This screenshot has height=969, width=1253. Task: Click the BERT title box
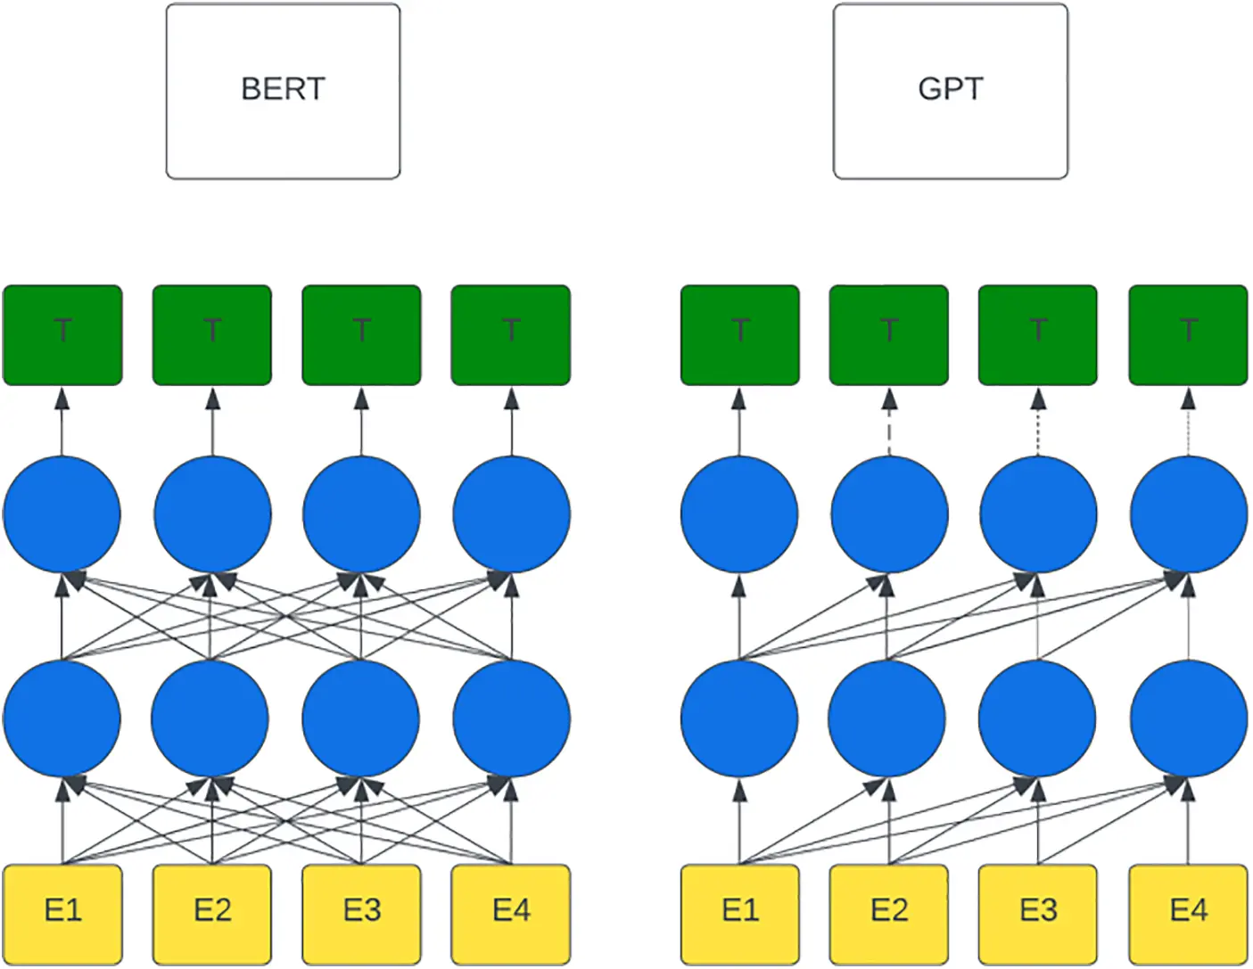283,91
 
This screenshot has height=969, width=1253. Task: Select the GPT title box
950,91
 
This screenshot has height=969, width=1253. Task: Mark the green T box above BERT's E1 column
62,335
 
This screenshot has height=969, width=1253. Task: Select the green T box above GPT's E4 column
1188,335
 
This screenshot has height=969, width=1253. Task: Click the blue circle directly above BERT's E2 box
210,719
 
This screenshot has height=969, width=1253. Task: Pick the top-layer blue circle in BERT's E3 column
361,514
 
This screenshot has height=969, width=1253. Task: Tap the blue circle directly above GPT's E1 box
739,719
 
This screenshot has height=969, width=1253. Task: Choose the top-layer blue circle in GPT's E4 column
1188,514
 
